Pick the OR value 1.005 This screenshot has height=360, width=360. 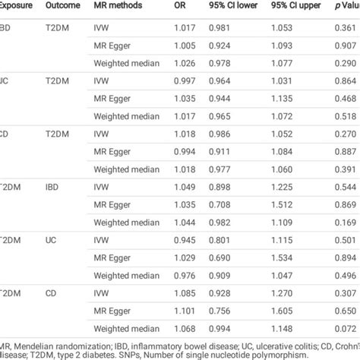pyautogui.click(x=185, y=45)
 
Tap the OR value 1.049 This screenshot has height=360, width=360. pyautogui.click(x=185, y=187)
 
